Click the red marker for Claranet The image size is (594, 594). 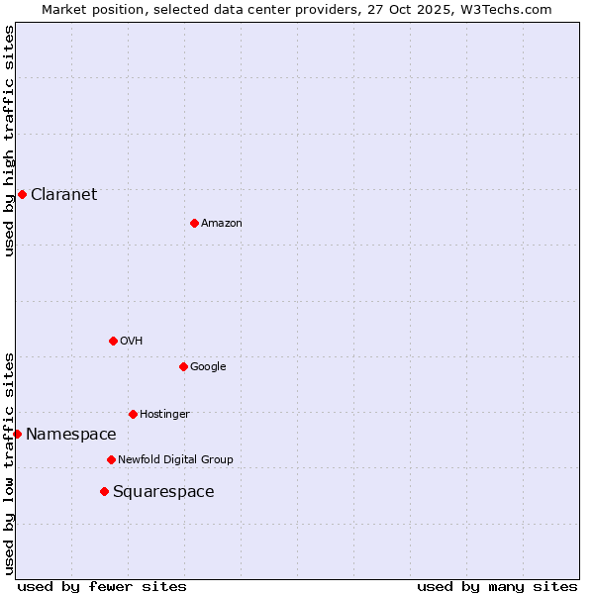pos(22,194)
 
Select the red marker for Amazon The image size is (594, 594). pos(194,223)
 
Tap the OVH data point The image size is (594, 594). pos(113,341)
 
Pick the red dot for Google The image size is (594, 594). pos(183,366)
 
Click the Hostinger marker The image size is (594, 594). pos(133,414)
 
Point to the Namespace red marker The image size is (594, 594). pos(17,434)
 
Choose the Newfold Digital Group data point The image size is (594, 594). pos(111,459)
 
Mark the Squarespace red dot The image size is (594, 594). pos(104,491)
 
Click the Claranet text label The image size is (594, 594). pos(63,194)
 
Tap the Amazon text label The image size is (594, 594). pos(222,223)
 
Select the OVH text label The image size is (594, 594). pos(132,341)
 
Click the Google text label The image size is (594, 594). pos(208,366)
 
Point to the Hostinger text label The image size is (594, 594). pos(164,414)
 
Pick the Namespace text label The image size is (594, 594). pos(70,434)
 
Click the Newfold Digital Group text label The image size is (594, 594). pos(175,459)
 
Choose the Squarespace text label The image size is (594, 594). pos(163,491)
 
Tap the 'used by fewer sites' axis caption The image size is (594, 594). pos(102,586)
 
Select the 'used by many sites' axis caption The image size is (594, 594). pos(497,586)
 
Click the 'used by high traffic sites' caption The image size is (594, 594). pos(9,141)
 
